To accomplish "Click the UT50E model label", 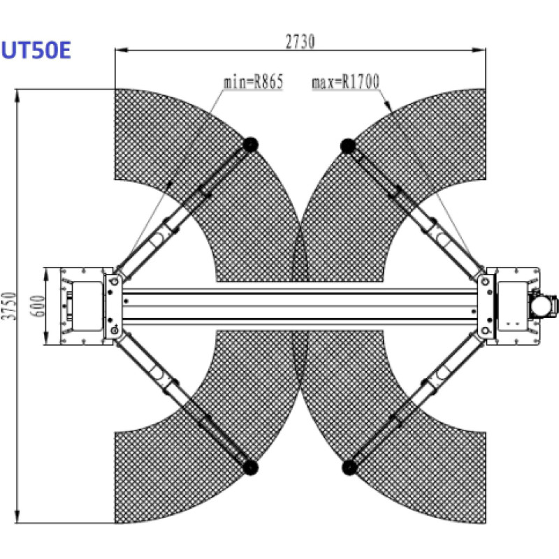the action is [36, 50].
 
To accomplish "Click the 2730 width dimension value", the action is [300, 42].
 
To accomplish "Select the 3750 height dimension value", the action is [9, 306].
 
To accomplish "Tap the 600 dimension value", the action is [38, 306].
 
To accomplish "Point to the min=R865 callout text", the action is [253, 81].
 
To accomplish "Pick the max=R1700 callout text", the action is [345, 81].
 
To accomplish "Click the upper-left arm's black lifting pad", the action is [251, 145].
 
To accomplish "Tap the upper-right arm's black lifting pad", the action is [348, 146].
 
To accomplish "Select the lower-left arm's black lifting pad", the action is [250, 467].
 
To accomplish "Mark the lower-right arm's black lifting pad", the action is [349, 467].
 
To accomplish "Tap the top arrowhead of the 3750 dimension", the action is [17, 96].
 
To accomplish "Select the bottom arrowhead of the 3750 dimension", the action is [17, 516].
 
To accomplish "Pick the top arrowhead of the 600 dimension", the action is [46, 274].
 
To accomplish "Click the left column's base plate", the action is [82, 306].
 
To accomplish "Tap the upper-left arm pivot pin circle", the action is [115, 281].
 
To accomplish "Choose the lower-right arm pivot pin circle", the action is [485, 331].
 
